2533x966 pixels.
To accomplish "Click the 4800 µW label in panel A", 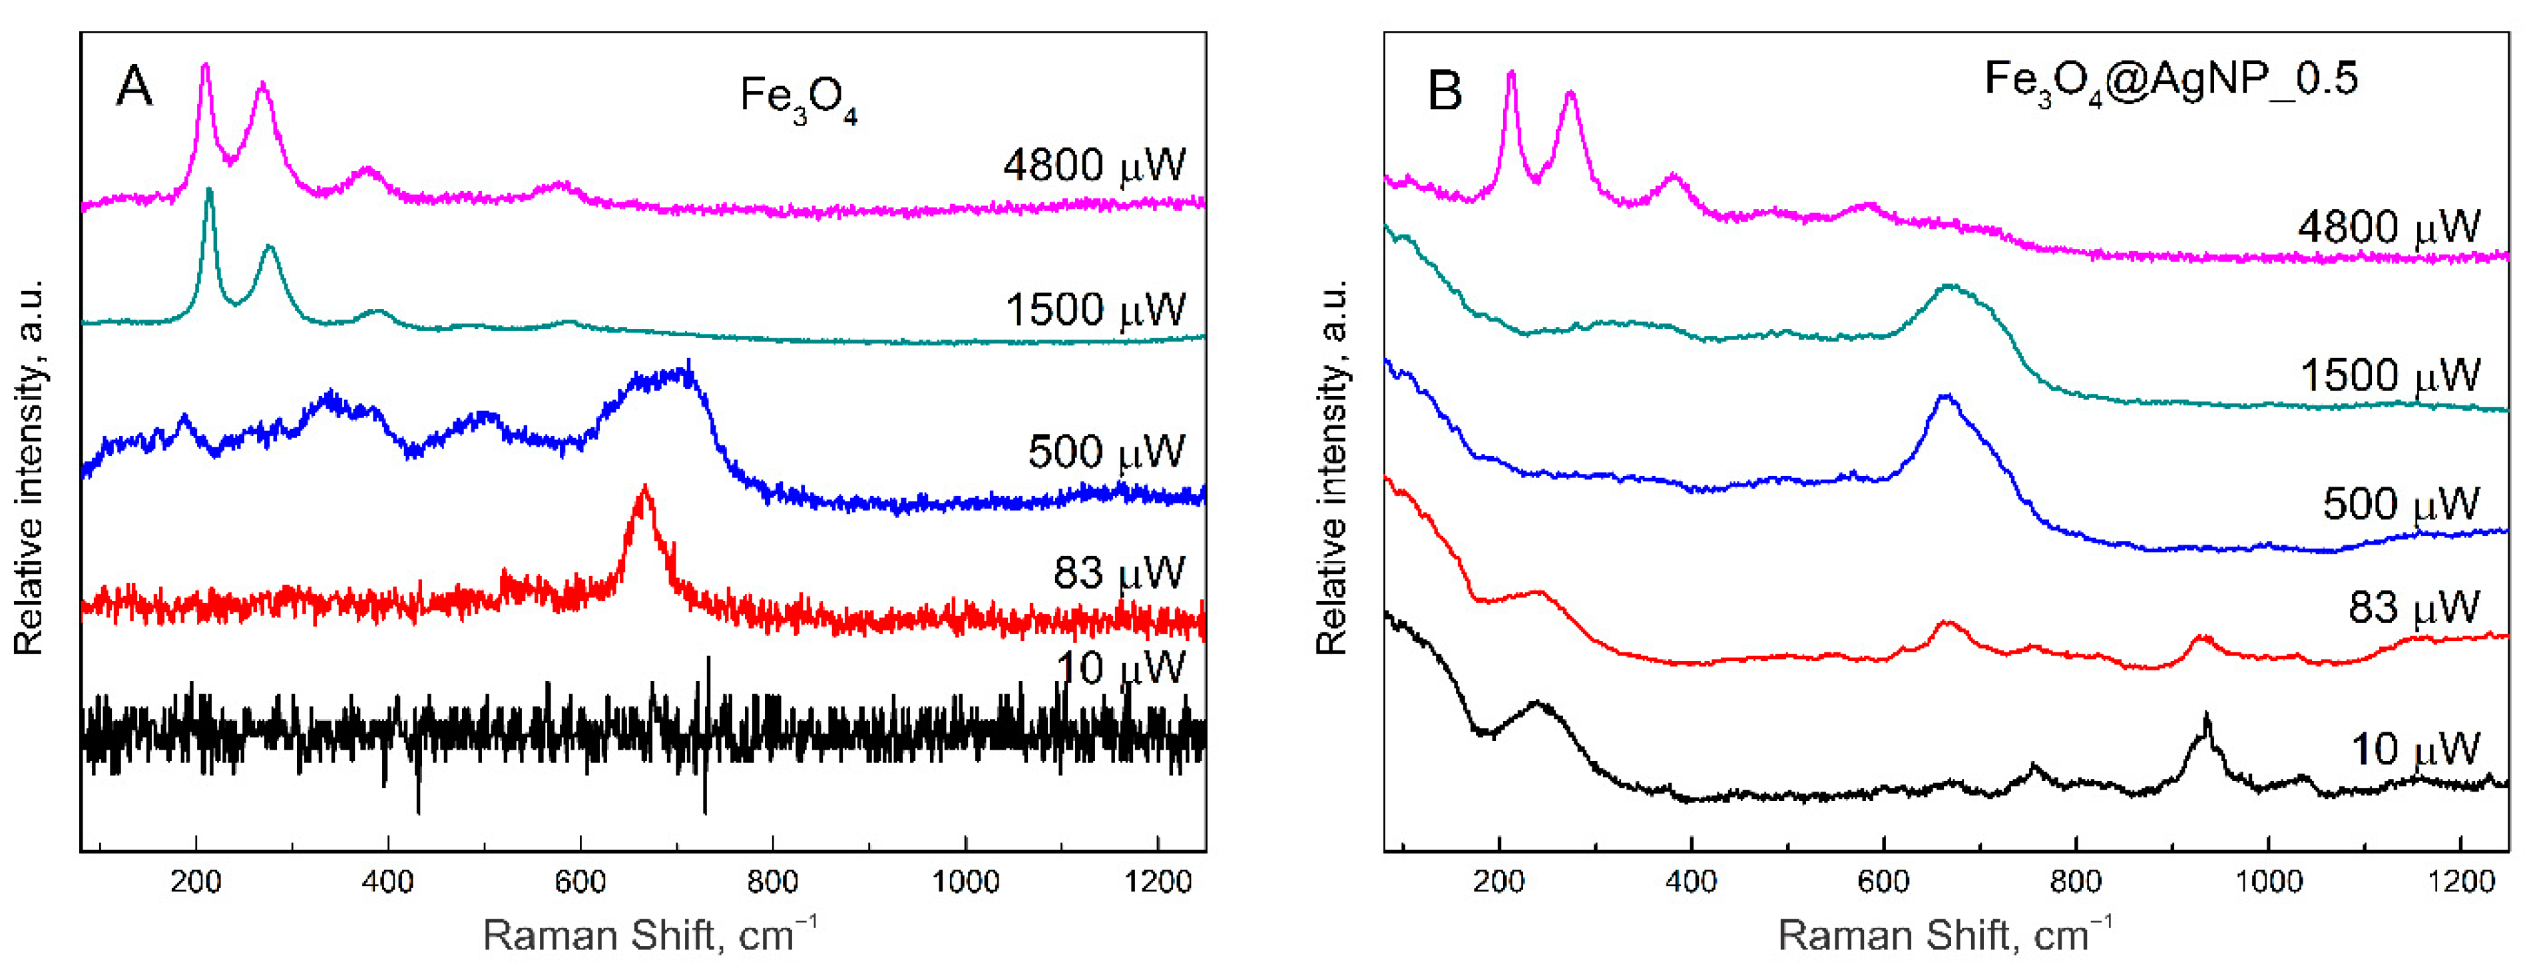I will click(x=1094, y=164).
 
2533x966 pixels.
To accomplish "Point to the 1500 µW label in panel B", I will click(x=2389, y=375).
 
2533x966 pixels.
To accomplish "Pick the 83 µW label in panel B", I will click(x=2413, y=607).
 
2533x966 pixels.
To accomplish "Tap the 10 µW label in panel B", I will click(x=2414, y=750).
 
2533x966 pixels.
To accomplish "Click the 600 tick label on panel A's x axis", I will click(x=580, y=881).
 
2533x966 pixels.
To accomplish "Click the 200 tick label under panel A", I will click(x=196, y=881).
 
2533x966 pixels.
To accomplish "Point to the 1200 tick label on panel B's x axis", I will click(x=2460, y=881).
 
